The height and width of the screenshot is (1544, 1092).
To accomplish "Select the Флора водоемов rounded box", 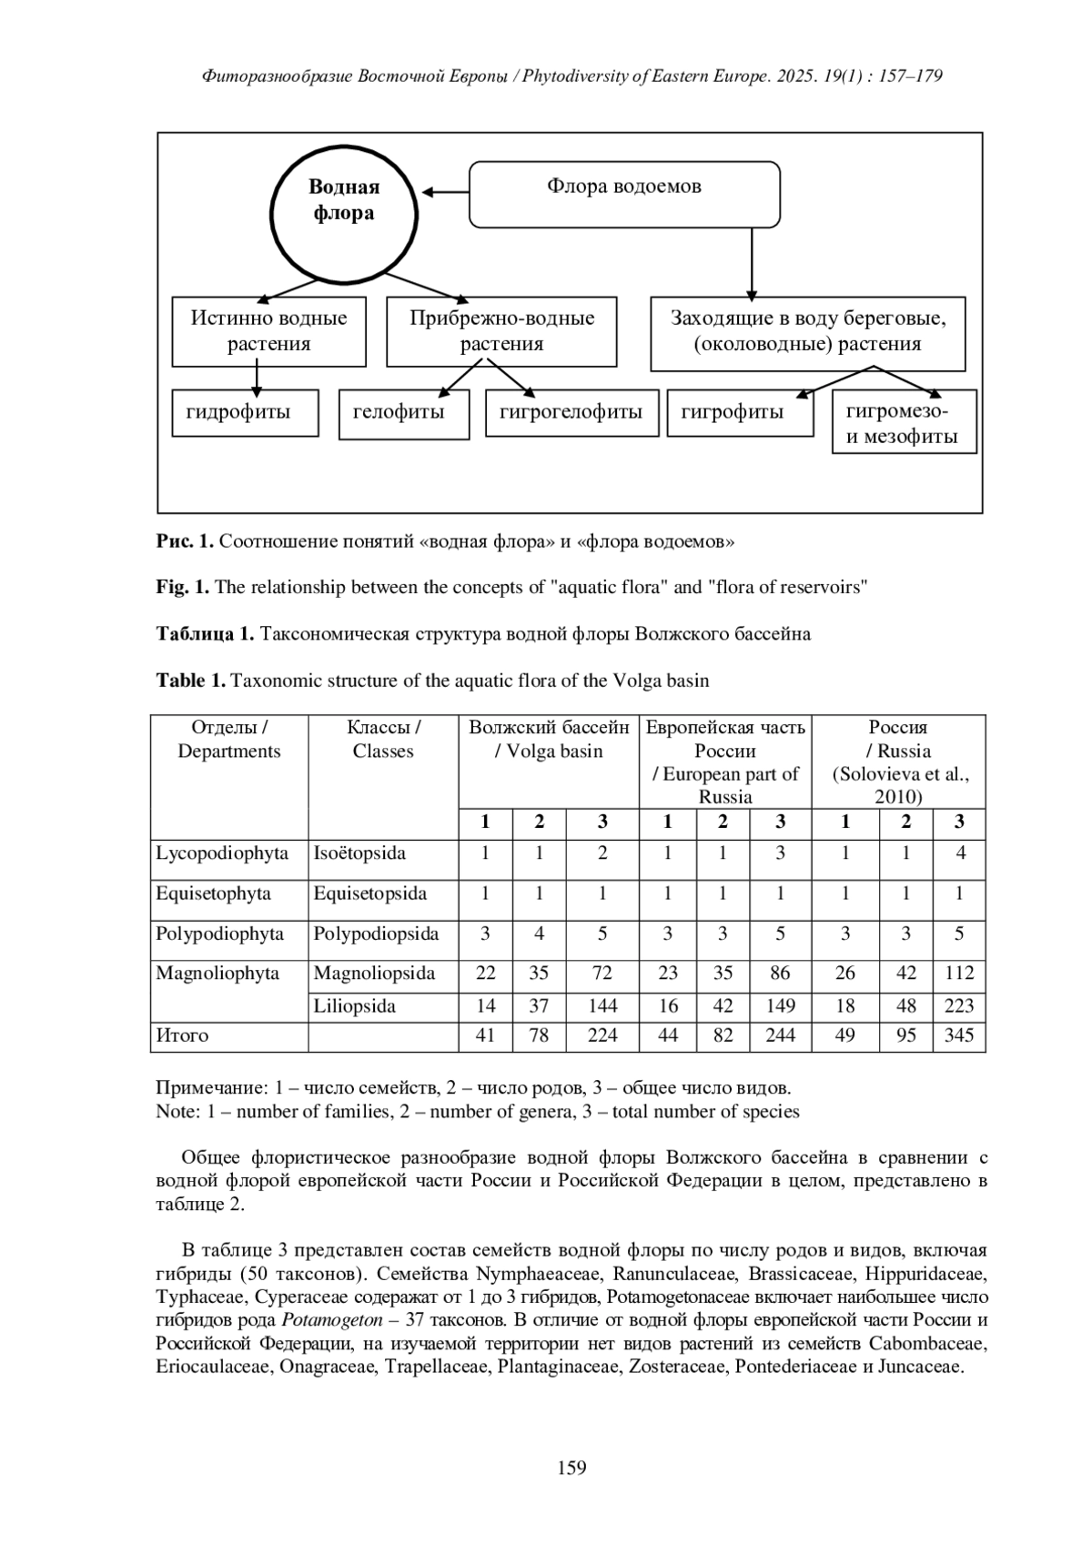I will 624,194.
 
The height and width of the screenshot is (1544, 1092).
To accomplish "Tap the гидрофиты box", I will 246,413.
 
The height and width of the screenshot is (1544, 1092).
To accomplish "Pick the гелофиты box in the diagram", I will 404,414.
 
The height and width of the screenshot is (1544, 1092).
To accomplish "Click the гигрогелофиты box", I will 571,413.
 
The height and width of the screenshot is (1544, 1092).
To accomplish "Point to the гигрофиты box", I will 739,413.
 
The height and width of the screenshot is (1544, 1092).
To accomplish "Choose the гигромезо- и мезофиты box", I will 904,423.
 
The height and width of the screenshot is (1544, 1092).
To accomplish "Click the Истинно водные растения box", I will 269,331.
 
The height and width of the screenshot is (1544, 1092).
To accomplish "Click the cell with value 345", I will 959,1035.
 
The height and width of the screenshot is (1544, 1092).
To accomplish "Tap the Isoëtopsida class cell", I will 360,853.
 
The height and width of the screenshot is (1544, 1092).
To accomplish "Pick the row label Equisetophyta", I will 214,893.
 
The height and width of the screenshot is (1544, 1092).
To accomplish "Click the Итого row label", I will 183,1035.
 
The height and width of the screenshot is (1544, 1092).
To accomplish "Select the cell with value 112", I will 959,974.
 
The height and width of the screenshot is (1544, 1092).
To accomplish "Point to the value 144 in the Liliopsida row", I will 602,1006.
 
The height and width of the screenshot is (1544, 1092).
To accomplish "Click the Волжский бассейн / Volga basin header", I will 549,740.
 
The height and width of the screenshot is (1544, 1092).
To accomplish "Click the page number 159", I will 571,1468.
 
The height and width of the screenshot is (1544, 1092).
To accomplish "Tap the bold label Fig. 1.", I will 183,587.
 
